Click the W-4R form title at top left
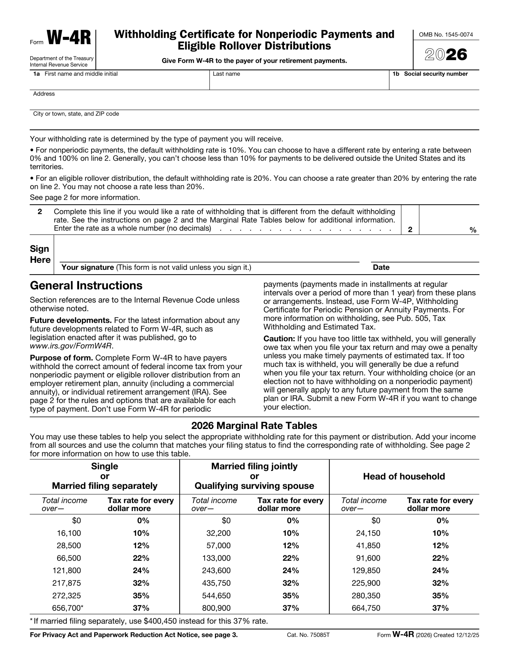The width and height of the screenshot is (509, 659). (x=68, y=38)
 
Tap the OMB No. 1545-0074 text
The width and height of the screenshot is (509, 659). (x=446, y=35)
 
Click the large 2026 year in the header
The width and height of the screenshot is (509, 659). (x=446, y=55)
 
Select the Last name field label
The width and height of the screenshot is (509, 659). (x=226, y=74)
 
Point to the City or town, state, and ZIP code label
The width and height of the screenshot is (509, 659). (x=76, y=114)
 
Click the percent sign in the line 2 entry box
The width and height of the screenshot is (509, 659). (x=472, y=230)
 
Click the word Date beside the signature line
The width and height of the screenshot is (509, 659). (x=381, y=267)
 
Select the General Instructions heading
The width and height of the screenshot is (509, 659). (x=86, y=285)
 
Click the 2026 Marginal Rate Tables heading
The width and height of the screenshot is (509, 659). (x=254, y=426)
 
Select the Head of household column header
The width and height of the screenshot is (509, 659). (x=404, y=476)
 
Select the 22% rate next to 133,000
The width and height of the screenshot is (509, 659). (x=291, y=558)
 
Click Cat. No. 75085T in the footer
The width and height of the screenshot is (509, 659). (x=308, y=635)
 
